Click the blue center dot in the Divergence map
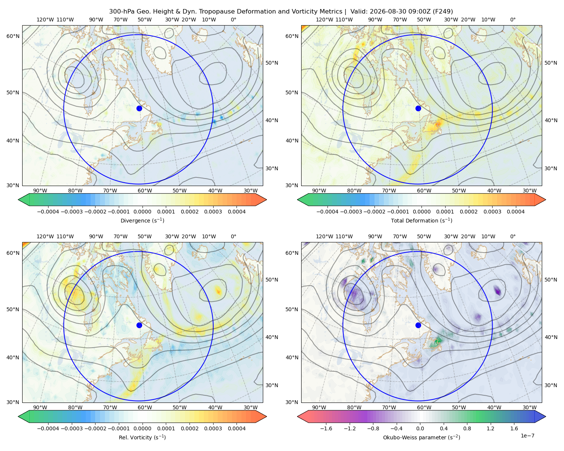pos(139,108)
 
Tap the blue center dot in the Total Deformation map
pos(418,108)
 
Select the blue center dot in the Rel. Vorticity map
pos(139,325)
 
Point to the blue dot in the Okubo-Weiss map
pos(418,325)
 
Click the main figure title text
pos(281,12)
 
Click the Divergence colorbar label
pos(142,220)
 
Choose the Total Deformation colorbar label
pos(421,220)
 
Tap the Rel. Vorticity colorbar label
pos(142,437)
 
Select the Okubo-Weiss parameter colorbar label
pos(421,437)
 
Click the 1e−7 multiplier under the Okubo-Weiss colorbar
pos(527,436)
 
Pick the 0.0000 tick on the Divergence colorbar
pos(142,212)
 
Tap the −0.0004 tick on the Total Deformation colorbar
pos(327,212)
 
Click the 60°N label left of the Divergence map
pos(13,36)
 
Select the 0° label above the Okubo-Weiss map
pos(512,236)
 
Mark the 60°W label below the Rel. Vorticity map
pos(145,407)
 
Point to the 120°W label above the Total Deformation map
pos(324,20)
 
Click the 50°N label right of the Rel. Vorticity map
pos(272,280)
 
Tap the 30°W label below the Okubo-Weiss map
pos(529,407)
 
